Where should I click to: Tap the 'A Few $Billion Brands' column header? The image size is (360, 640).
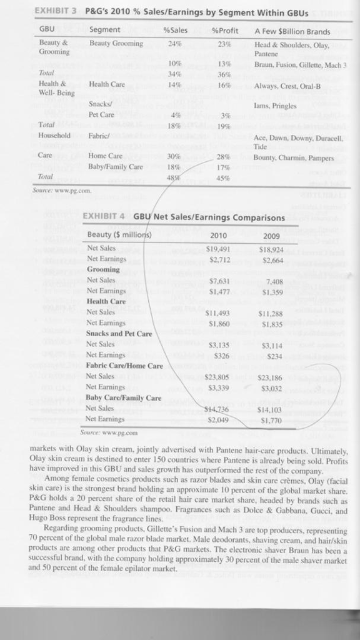point(292,30)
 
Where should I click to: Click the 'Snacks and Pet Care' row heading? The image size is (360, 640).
point(119,333)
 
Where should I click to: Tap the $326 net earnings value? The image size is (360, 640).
point(222,355)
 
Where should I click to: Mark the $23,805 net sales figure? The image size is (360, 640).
point(217,377)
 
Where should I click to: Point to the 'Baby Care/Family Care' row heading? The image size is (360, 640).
point(123,398)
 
